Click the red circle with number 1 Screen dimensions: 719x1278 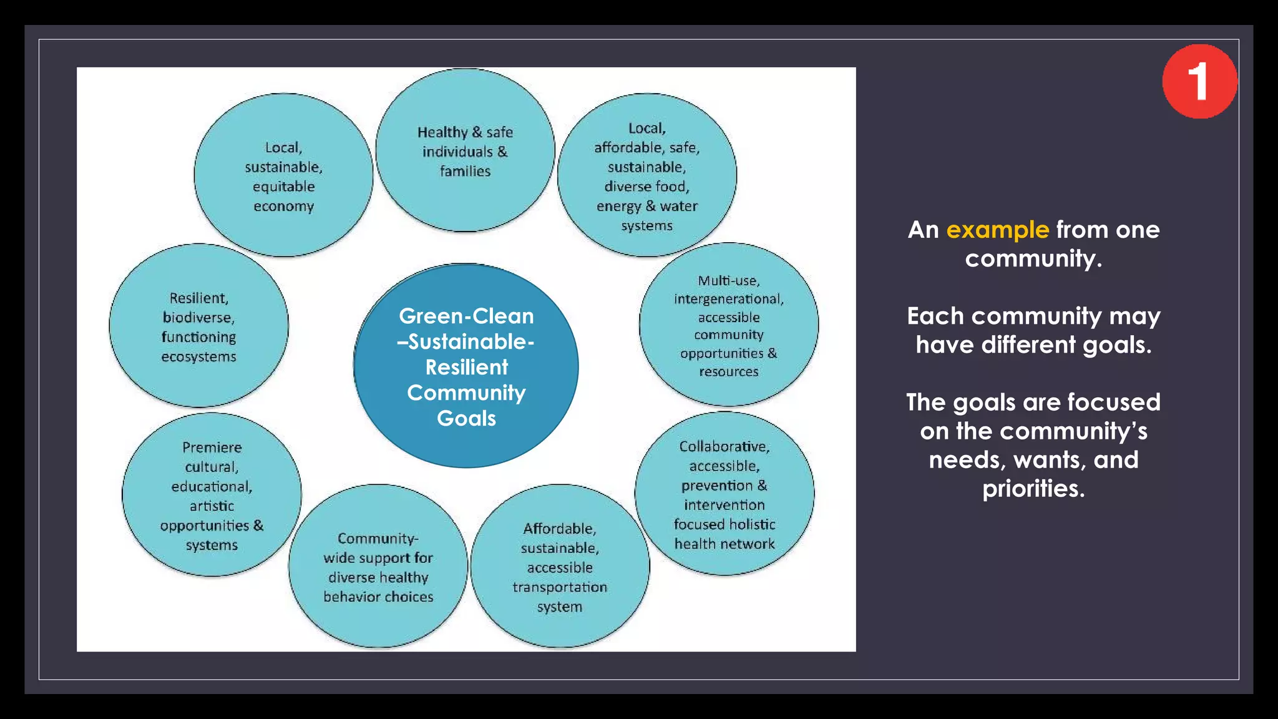(1199, 81)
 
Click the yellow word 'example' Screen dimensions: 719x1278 (997, 230)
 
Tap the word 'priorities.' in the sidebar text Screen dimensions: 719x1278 (1033, 489)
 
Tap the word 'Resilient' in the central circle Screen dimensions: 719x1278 (467, 367)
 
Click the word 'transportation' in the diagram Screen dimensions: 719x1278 (560, 587)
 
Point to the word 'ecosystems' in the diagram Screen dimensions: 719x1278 (198, 357)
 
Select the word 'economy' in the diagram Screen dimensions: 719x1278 (283, 206)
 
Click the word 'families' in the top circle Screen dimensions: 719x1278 (465, 171)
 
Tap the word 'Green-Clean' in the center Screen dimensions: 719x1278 (466, 316)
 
